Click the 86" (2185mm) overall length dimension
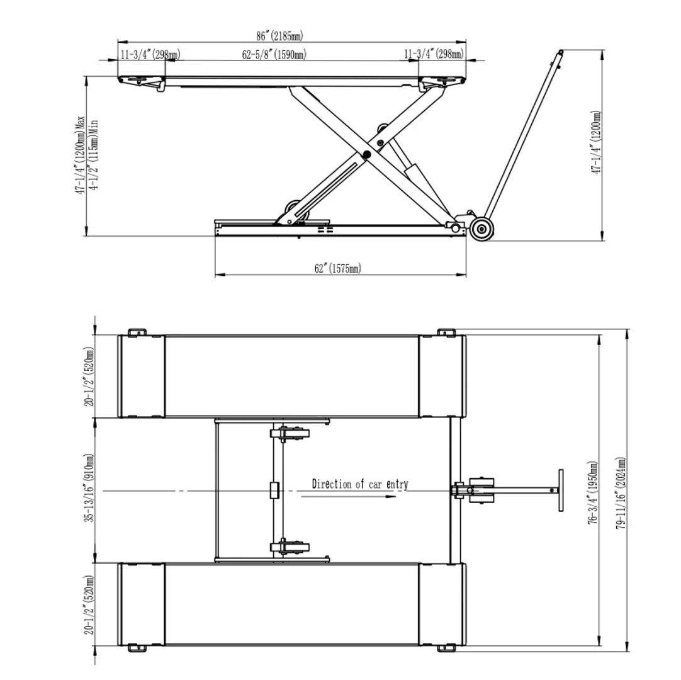279,36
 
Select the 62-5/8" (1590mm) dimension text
274,55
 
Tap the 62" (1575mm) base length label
337,268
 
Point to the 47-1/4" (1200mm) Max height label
81,155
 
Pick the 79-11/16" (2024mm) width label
621,493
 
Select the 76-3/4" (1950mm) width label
592,493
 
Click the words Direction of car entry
360,484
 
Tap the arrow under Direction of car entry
349,496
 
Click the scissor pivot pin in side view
367,154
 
